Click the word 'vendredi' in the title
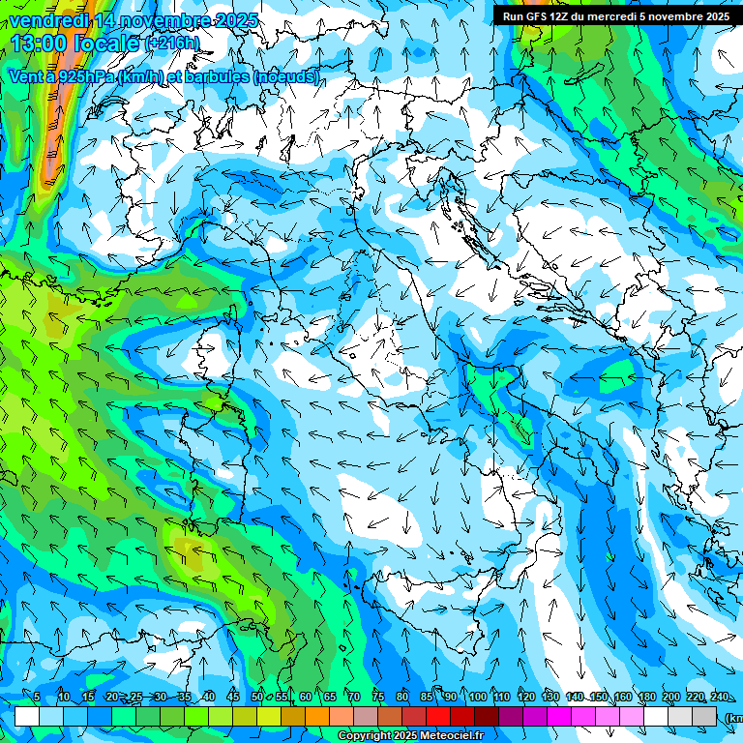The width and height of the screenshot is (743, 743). [47, 20]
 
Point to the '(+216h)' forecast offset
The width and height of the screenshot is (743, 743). [172, 43]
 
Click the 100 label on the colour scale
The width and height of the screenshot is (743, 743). [477, 697]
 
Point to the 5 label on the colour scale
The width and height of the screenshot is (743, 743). [37, 697]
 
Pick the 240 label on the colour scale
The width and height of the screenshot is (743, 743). [719, 697]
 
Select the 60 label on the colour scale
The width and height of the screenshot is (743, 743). [306, 697]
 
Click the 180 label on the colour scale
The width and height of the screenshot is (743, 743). [646, 697]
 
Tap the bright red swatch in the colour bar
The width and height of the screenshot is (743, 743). [438, 716]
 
